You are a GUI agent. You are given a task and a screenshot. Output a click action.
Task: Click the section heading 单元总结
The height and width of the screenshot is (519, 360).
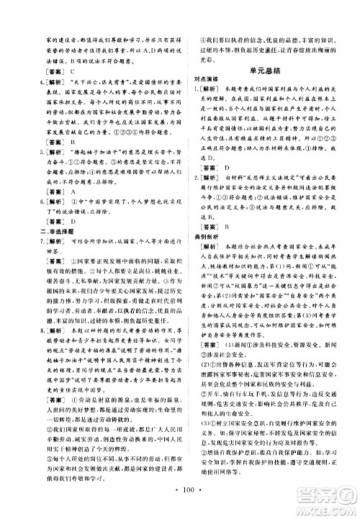[270, 70]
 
